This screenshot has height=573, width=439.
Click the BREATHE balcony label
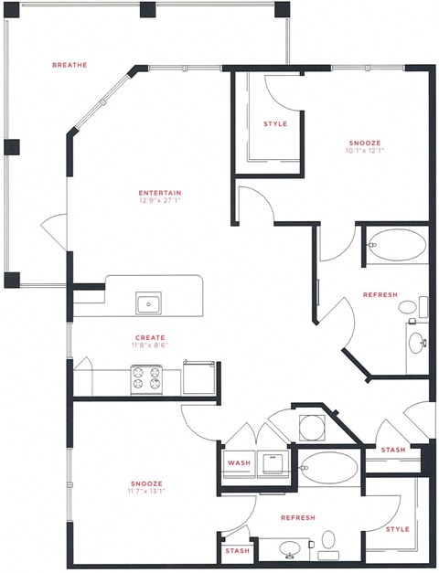point(70,65)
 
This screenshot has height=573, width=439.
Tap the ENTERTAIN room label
point(160,193)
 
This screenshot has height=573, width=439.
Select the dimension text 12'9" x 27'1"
point(160,202)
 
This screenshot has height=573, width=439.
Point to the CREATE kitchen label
point(150,337)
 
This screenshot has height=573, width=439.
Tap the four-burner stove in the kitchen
point(145,378)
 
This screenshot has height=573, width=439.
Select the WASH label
point(239,463)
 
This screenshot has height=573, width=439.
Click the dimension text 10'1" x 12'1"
point(364,152)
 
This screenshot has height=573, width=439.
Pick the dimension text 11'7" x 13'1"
point(146,493)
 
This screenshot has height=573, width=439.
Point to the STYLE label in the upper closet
point(274,123)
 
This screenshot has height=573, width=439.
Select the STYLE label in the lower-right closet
point(397,528)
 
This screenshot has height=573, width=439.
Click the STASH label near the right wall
point(393,451)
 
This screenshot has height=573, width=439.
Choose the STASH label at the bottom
point(236,552)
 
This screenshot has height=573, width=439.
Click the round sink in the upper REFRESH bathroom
point(416,343)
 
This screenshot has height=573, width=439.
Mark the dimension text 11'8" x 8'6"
point(150,346)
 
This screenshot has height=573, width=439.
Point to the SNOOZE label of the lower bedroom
point(146,483)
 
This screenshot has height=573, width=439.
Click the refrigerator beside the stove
point(198,376)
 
